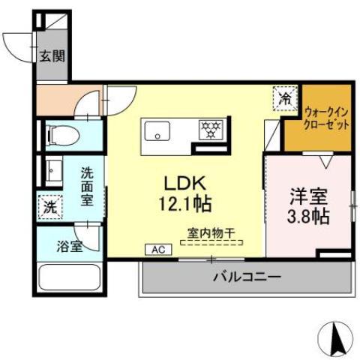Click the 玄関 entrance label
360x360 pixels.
(x=52, y=56)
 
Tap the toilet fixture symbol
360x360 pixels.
(x=64, y=136)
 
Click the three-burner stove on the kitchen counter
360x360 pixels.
(x=211, y=129)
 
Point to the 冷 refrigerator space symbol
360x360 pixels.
(x=285, y=98)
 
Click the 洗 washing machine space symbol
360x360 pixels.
(x=50, y=207)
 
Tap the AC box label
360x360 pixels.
(x=158, y=250)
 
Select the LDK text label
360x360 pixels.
(x=184, y=184)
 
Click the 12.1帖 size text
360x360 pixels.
(x=185, y=204)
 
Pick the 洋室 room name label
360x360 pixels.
(x=308, y=196)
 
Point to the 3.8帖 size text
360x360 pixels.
(x=307, y=217)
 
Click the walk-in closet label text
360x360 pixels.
(x=326, y=118)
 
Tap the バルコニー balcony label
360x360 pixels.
(x=247, y=277)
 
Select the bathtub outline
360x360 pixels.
(x=70, y=277)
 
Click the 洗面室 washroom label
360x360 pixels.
(x=87, y=187)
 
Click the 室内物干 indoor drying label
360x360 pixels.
(x=211, y=233)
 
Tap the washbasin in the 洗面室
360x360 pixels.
(x=54, y=171)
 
